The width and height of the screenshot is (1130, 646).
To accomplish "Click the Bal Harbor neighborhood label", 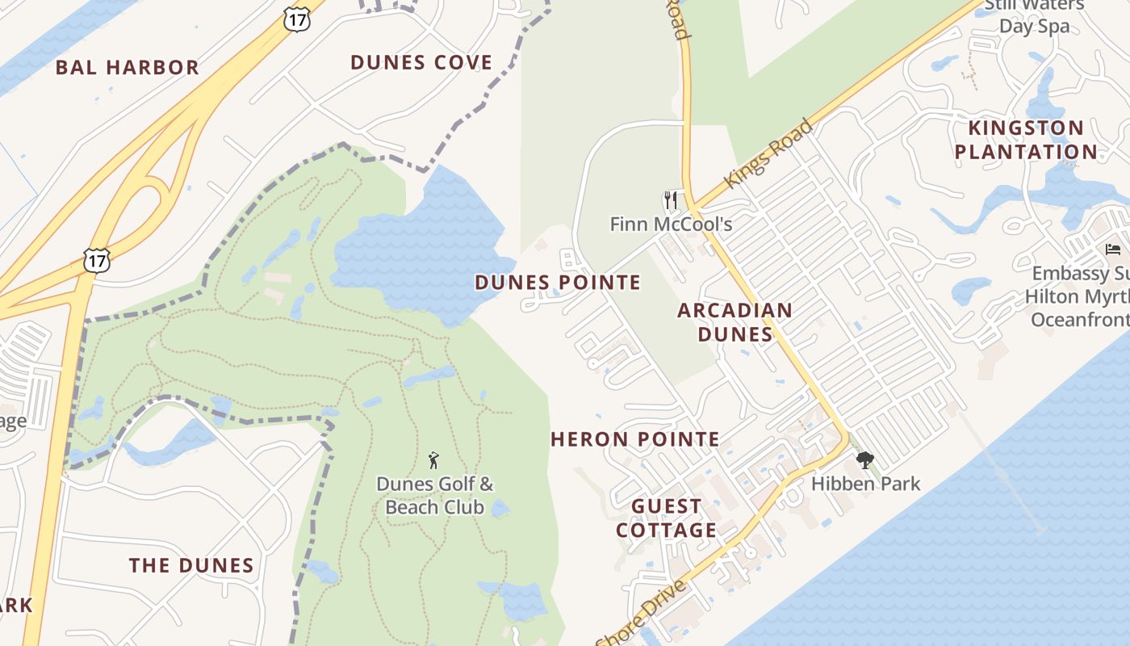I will point(127,68).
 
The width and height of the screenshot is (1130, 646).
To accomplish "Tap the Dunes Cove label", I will point(421,63).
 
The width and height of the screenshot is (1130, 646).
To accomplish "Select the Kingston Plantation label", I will point(1025,140).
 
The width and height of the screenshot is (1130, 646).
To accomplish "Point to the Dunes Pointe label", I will point(558,283).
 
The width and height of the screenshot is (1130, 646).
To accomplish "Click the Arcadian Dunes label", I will point(734,322).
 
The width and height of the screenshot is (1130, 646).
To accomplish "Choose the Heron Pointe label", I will point(635,439).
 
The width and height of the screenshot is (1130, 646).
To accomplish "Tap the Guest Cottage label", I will point(666,518).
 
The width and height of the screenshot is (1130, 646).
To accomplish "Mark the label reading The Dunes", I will point(191,565).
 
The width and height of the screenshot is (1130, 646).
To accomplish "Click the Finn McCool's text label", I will point(671,224).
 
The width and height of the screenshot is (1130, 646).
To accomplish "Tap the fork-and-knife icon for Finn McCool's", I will point(671,199).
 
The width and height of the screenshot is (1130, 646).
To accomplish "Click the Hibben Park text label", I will point(865,484).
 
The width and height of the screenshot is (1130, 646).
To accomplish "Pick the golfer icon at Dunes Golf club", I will point(434,461).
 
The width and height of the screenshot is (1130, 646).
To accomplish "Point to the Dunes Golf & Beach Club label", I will point(434,496).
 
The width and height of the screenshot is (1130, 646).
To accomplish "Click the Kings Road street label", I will point(768,154).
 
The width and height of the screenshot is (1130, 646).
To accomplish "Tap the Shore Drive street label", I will point(642,612).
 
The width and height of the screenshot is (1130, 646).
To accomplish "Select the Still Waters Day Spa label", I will point(1034,16).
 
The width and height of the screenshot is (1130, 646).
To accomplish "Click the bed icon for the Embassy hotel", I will point(1113,249).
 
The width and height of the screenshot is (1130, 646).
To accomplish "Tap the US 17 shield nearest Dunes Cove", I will point(297,19).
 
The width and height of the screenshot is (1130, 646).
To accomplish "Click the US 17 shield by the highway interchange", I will point(96,260).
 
